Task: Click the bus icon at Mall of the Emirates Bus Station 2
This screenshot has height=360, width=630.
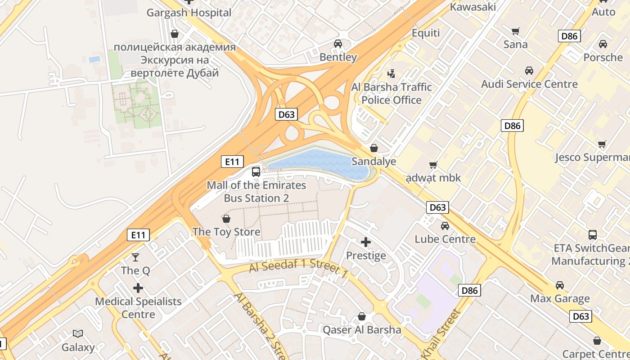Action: pos(256,171)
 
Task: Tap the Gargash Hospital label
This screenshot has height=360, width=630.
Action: pos(189,13)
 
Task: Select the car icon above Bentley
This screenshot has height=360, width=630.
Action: pos(338,44)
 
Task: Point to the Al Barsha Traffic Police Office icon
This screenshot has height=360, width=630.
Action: pos(391,73)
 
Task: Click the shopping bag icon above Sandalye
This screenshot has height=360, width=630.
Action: pos(373,148)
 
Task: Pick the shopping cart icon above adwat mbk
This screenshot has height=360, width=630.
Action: pos(433,165)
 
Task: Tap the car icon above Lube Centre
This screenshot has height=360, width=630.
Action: pos(445,225)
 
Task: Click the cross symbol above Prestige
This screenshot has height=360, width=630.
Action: pos(366,243)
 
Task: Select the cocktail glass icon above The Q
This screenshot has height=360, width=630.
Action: pos(135,257)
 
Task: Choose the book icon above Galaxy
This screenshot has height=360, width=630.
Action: pos(78,333)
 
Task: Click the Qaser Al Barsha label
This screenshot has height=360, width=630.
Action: pos(362,330)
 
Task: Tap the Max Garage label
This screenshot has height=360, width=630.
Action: pos(560,298)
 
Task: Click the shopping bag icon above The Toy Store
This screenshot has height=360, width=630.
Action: pos(226,219)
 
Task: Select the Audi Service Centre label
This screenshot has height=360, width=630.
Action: pos(529,84)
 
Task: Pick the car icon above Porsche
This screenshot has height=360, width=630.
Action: pos(603,44)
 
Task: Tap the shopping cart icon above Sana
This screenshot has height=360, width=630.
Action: pos(516,31)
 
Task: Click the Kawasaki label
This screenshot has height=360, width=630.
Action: pos(473,7)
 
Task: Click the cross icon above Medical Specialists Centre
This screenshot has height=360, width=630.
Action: pos(138,288)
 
